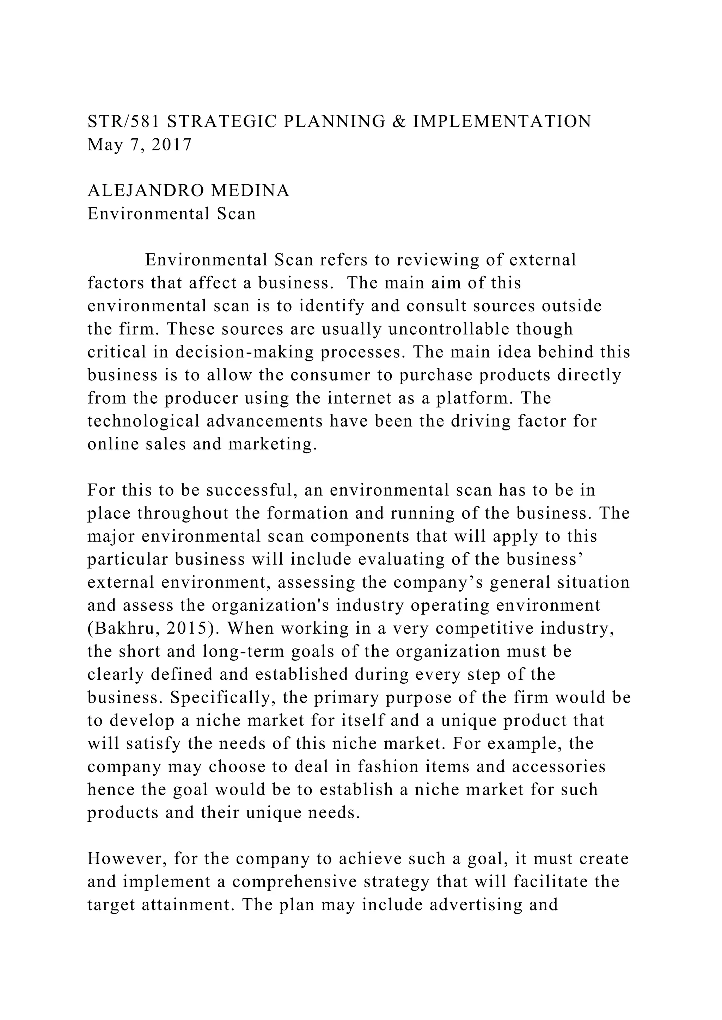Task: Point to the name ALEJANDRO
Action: coord(145,191)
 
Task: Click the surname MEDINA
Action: coord(250,191)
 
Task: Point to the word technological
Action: coord(143,421)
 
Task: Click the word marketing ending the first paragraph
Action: coord(273,444)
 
